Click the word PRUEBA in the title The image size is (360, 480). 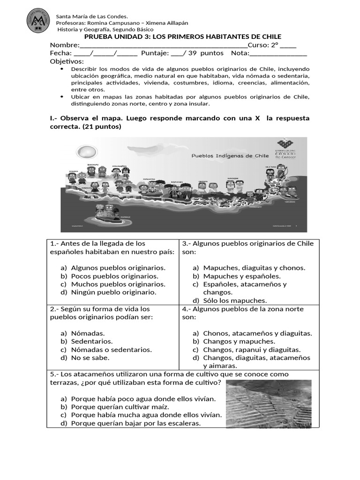click(99, 37)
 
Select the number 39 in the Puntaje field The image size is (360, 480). click(192, 53)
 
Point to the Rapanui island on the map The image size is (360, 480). click(108, 212)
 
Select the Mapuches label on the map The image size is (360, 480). click(177, 182)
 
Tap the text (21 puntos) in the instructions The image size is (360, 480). click(101, 127)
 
